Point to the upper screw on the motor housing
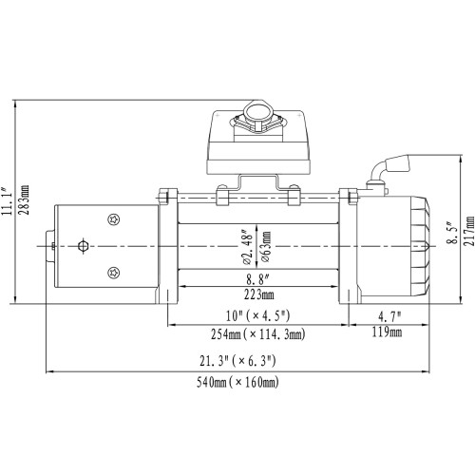[115, 220]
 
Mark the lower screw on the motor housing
[115, 272]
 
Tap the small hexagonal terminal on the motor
[83, 247]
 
